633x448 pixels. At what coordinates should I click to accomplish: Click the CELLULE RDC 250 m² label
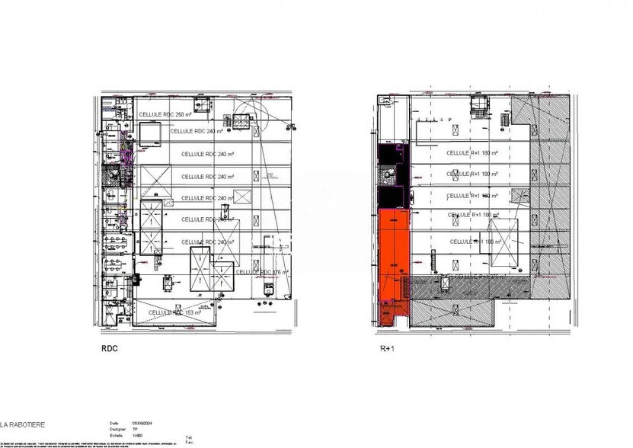165,114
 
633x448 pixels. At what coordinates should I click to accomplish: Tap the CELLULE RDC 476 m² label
261,272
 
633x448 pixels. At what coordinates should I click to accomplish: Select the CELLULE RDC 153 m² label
175,312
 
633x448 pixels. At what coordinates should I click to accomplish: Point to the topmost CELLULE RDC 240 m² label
197,131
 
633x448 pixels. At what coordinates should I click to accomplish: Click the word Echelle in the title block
116,435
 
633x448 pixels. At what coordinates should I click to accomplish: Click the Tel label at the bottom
188,437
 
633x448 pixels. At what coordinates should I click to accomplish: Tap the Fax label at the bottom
188,442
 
